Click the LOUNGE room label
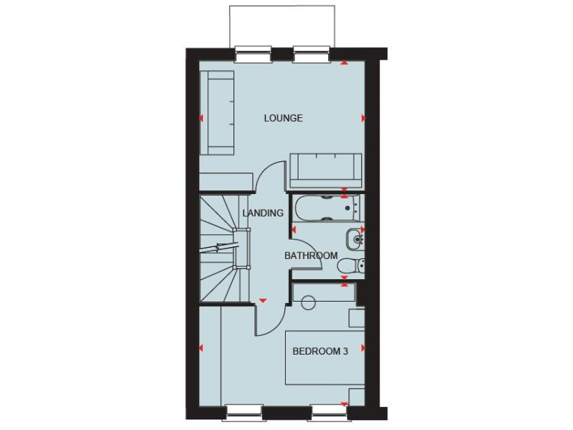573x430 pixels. (x=284, y=118)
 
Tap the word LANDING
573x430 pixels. (x=263, y=213)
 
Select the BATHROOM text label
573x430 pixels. (x=311, y=256)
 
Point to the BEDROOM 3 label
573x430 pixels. (x=320, y=352)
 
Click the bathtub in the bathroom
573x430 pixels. (x=325, y=208)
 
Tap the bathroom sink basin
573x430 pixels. (x=352, y=240)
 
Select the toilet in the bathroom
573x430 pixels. (x=349, y=265)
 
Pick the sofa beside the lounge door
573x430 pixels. (x=325, y=171)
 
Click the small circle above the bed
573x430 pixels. (x=307, y=302)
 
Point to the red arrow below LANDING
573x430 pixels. (x=263, y=301)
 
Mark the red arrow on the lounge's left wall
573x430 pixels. (x=201, y=118)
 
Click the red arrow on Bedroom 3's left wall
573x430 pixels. (x=201, y=348)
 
